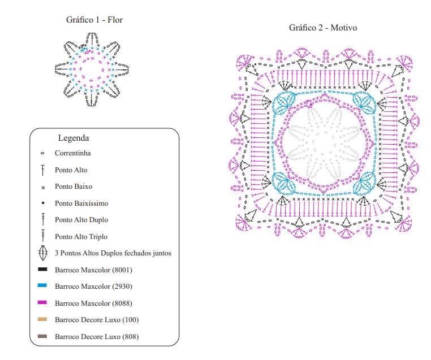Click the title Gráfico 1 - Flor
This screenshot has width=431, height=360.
94,20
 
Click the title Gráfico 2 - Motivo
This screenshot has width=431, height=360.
323,28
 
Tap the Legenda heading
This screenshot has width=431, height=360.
74,138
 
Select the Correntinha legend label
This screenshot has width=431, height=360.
73,153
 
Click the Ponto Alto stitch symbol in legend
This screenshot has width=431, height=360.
42,170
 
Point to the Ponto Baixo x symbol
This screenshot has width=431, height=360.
43,188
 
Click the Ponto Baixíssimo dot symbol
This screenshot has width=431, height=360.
43,203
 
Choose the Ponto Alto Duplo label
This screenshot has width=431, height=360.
81,220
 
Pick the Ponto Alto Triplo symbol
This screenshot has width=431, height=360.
43,236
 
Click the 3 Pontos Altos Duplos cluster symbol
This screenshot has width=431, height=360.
43,253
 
